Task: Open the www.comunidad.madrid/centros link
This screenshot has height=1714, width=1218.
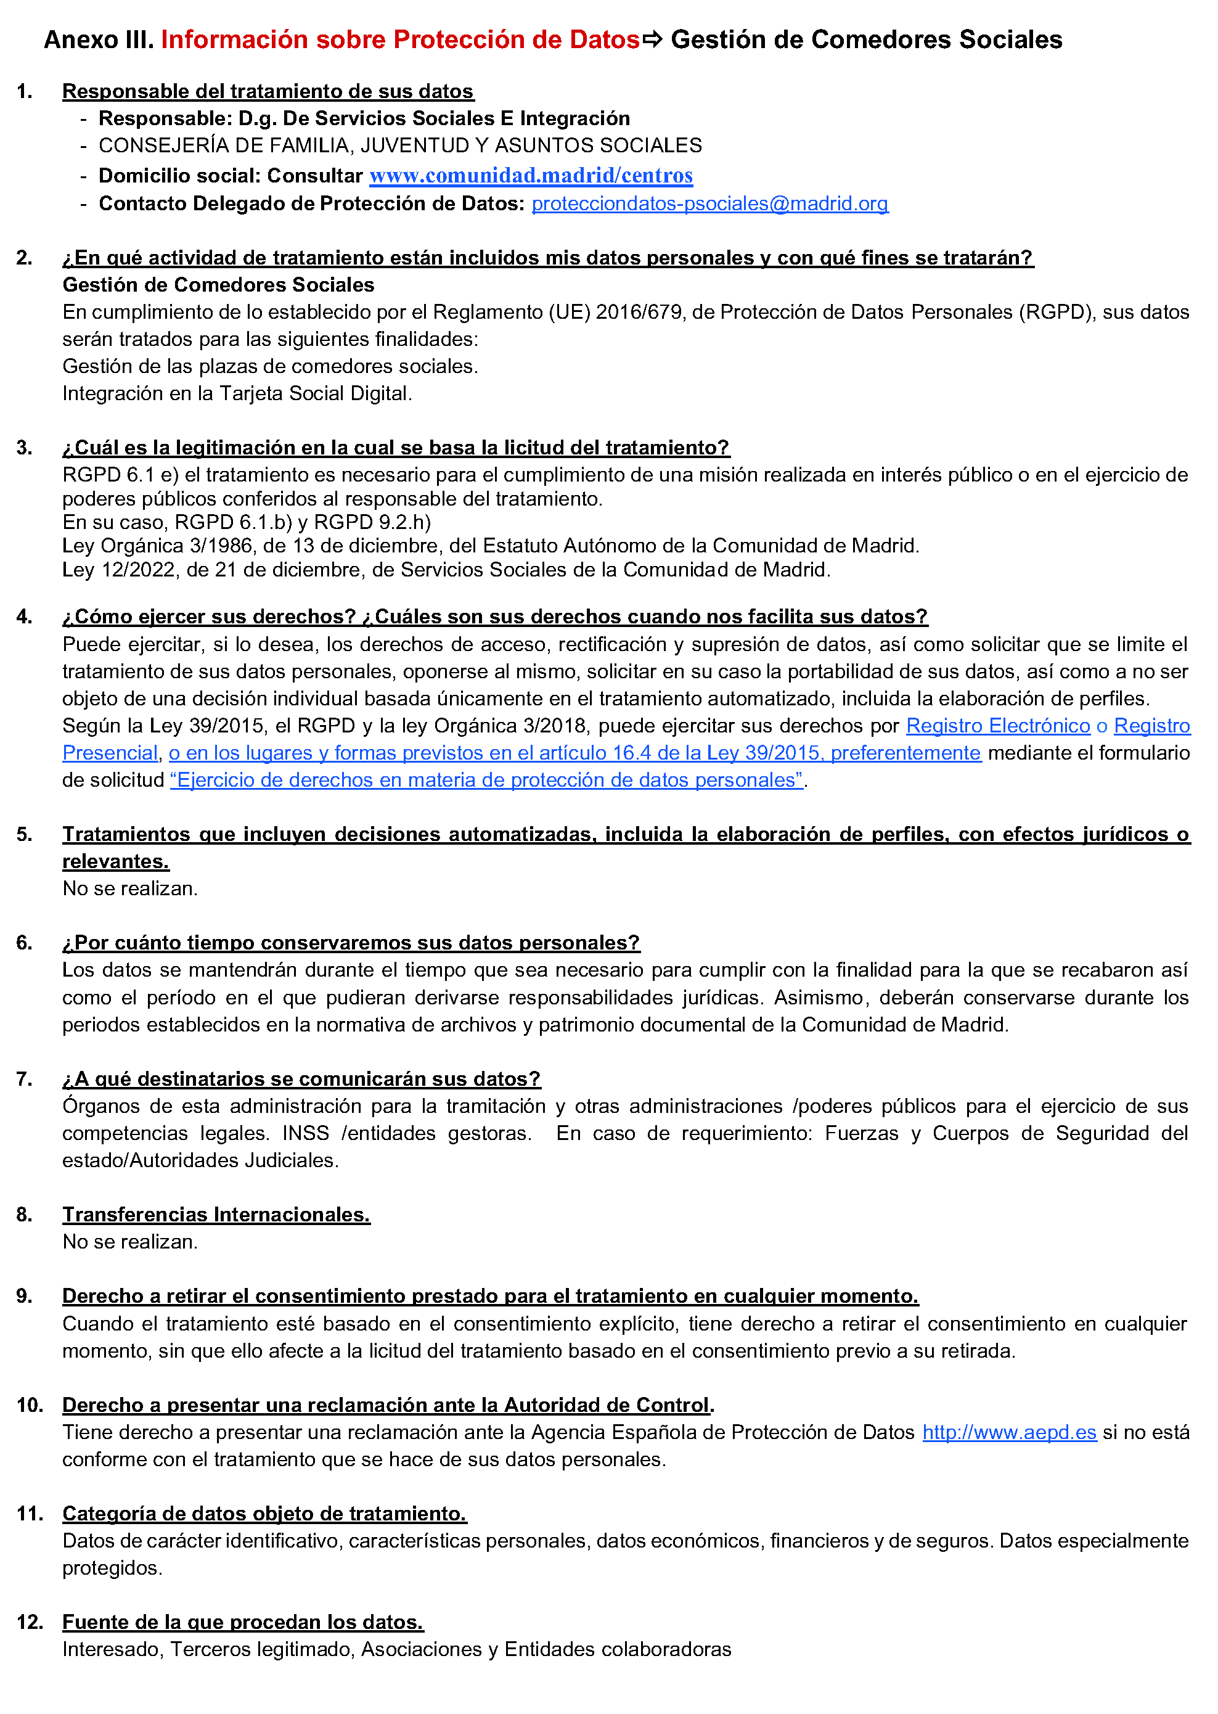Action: point(531,176)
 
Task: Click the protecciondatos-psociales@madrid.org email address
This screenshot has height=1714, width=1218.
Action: point(709,204)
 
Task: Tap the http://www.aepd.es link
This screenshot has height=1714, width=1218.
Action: point(1009,1432)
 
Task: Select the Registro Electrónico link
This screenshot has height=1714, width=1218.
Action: point(997,726)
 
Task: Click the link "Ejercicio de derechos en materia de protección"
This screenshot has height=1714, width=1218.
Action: point(486,780)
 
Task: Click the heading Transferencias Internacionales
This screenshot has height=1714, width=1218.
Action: point(216,1215)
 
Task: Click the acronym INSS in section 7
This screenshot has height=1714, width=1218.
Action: point(305,1133)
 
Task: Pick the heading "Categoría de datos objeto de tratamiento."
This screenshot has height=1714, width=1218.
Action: point(264,1514)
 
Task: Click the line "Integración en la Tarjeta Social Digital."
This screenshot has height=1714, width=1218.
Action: point(237,394)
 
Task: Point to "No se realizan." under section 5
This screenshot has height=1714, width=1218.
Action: point(129,889)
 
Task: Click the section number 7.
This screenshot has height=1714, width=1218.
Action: point(24,1080)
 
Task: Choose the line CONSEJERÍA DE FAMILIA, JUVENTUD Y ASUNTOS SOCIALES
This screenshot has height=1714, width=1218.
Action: point(400,146)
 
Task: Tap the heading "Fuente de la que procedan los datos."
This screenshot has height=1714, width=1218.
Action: point(242,1623)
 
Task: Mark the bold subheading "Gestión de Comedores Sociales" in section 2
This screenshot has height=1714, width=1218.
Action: point(218,285)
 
